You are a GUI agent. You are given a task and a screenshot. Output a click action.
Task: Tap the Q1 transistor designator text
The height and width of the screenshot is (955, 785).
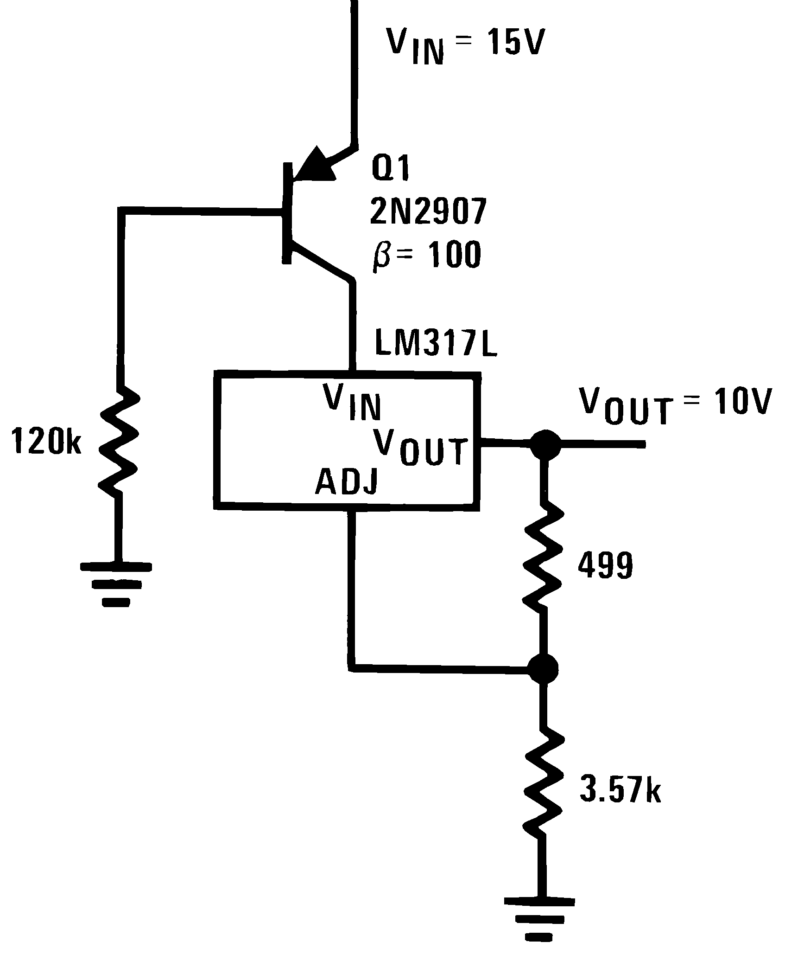(x=391, y=171)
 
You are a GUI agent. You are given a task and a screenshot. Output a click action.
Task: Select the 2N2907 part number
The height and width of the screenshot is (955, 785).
(x=428, y=212)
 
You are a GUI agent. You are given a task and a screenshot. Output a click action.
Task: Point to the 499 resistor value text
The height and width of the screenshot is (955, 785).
(x=605, y=566)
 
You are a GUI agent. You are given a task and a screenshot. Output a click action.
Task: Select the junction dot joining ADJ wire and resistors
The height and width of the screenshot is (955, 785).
(x=543, y=668)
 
